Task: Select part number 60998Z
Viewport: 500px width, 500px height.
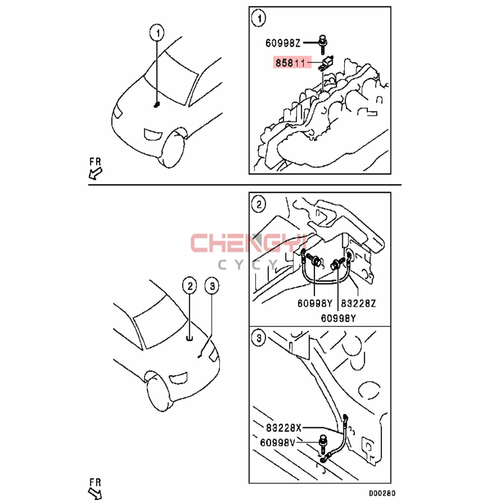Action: (282, 43)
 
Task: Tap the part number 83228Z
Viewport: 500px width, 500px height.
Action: (359, 303)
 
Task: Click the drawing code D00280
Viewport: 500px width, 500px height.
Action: (381, 493)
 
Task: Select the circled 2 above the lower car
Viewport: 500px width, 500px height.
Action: (189, 286)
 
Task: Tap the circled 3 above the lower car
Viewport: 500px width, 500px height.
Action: (211, 286)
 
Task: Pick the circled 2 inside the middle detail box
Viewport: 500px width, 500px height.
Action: (258, 204)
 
